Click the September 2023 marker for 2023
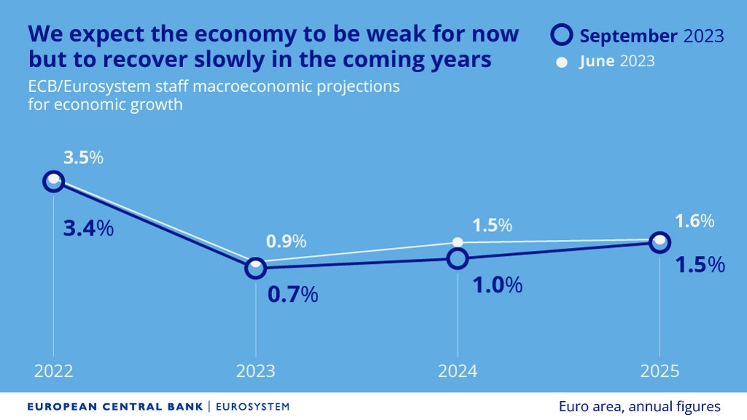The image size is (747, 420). coord(255,268)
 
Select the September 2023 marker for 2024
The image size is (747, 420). coord(457,258)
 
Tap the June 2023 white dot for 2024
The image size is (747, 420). coord(457,242)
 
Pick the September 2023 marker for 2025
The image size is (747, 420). coord(659,243)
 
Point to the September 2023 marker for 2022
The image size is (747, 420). coord(53,181)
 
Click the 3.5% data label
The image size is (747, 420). coord(84,157)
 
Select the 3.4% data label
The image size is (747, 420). coord(89,228)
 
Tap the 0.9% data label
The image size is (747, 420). coord(286,241)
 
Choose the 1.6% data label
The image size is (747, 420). coord(694,221)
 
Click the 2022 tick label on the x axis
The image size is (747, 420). coord(53,371)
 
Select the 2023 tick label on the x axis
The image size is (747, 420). coord(255,371)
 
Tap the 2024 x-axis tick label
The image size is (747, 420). coord(457,371)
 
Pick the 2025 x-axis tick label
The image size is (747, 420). coord(659,371)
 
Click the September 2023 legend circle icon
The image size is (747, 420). coord(561,35)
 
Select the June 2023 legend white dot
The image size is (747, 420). coord(561,62)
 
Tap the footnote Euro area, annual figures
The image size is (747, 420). coord(640,406)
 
